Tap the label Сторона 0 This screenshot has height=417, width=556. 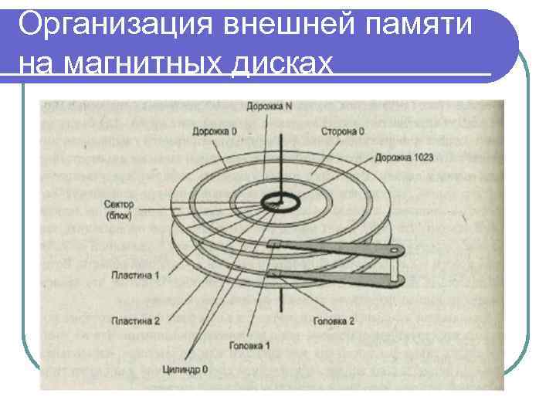pos(344,132)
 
